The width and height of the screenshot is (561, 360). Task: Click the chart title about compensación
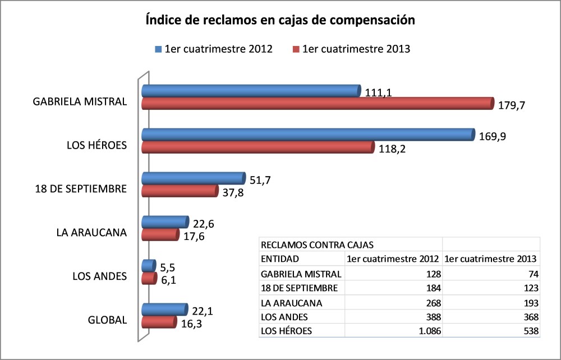tap(280, 21)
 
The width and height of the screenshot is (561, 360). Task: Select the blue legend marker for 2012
tap(158, 49)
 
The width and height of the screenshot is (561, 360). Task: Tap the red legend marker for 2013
tap(296, 49)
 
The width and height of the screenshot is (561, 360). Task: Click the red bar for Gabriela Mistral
tap(317, 103)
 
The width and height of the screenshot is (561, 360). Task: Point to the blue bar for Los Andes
tap(148, 265)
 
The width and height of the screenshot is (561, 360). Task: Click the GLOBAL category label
tap(107, 321)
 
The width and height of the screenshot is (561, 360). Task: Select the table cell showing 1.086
tap(426, 331)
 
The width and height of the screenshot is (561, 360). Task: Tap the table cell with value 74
tap(532, 274)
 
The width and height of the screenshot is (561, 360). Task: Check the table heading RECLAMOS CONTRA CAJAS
tap(318, 244)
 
